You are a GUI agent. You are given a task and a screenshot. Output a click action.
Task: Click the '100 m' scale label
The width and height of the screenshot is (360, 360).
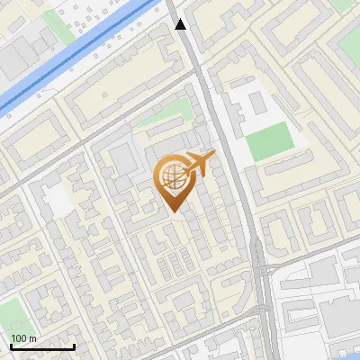point(23,338)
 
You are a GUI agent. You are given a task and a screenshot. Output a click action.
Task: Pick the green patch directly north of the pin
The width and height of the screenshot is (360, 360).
point(179,111)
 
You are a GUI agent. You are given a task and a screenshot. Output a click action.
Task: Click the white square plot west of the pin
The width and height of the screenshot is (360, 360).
point(58,200)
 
